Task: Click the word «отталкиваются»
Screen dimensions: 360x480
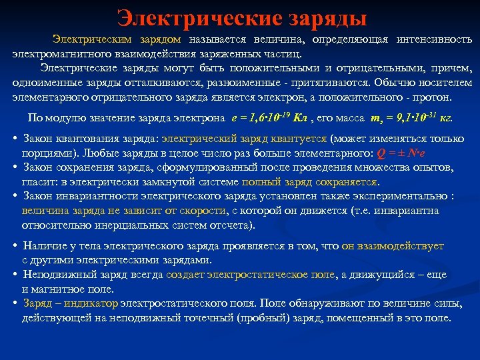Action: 177,83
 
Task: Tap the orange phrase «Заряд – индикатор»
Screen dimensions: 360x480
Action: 70,303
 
